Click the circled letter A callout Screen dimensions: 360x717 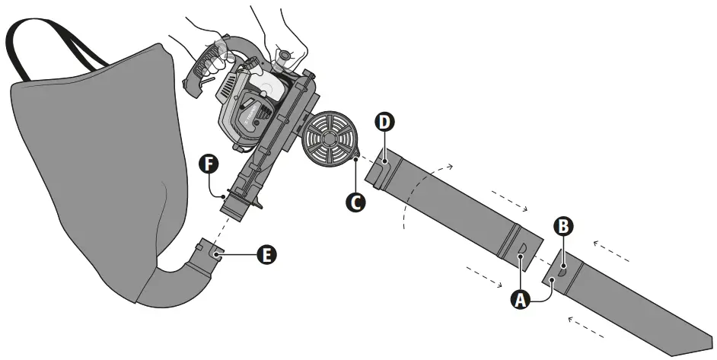tap(521, 300)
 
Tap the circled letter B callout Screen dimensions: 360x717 tap(562, 226)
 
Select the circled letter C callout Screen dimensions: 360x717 tap(353, 202)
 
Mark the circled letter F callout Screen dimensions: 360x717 tap(208, 162)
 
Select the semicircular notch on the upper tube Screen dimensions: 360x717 tap(522, 252)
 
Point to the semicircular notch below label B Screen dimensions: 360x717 tap(561, 268)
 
